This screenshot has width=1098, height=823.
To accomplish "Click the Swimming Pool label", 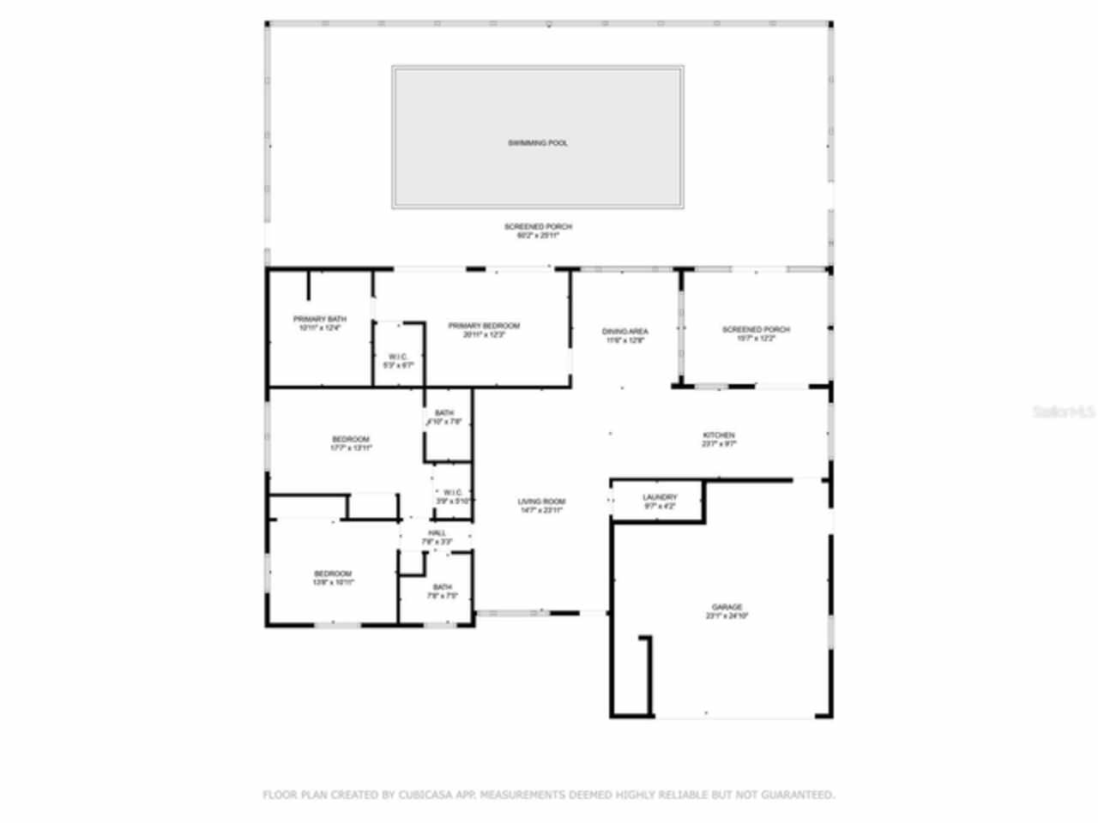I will [538, 143].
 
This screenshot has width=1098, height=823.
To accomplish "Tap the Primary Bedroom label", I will [484, 326].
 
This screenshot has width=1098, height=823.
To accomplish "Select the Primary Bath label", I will [319, 319].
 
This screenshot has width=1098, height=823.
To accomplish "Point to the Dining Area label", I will [624, 331].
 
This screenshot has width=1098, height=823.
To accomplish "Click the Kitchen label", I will [719, 436].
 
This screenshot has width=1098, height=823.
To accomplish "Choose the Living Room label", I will [541, 502].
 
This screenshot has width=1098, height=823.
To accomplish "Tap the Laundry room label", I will [660, 497].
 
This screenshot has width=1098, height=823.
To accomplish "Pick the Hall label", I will [437, 533].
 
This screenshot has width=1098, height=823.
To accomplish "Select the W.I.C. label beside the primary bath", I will [398, 357].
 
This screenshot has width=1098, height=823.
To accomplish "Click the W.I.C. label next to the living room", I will [453, 492].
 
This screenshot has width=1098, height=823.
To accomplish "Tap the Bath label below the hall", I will [442, 587].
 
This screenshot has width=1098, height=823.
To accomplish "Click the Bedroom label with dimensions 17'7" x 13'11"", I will [351, 440].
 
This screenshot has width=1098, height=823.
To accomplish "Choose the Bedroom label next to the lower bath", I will [332, 574].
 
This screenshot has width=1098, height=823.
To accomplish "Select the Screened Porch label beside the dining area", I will [756, 329].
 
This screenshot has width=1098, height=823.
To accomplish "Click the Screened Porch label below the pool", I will [538, 226].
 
